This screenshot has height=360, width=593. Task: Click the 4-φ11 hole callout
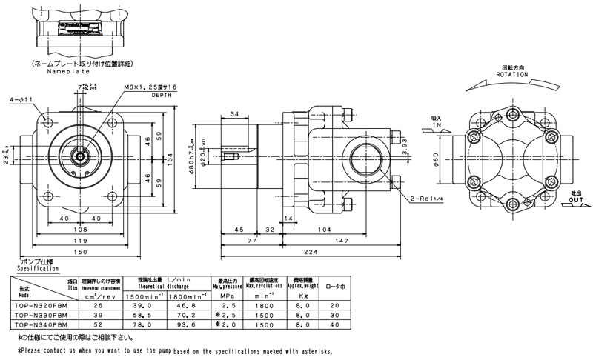click(21, 99)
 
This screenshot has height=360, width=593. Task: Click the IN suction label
click(435, 127)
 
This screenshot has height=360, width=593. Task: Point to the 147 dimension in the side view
click(342, 241)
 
